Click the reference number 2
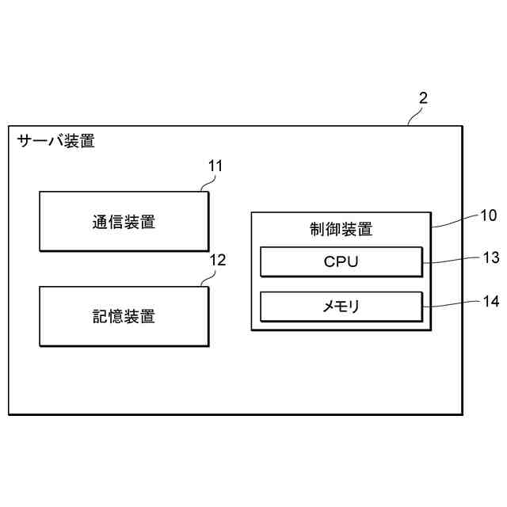[x=423, y=98]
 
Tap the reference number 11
[x=215, y=166]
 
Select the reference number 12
[x=217, y=260]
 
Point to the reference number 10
[x=488, y=214]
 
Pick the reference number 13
[x=490, y=257]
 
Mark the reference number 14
[x=490, y=301]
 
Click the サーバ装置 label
[x=55, y=142]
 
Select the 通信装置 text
[x=124, y=222]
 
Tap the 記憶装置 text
[x=124, y=317]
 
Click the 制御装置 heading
[x=341, y=230]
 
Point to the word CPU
[x=341, y=261]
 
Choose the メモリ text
[x=341, y=306]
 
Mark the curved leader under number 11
[x=206, y=184]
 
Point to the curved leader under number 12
[x=207, y=278]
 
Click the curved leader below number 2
[x=414, y=117]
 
